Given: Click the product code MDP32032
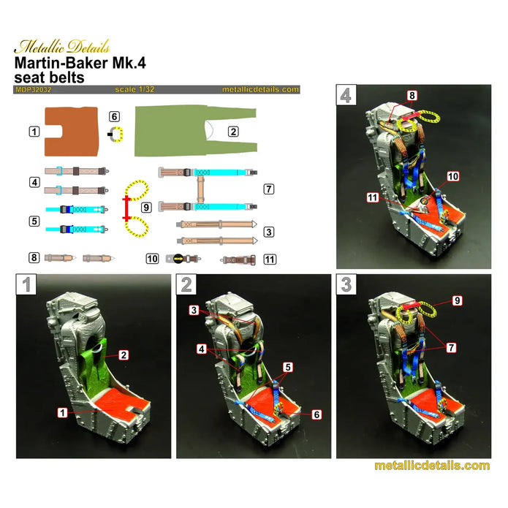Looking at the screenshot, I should tap(31, 89).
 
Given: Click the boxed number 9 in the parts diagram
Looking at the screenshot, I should tap(146, 208).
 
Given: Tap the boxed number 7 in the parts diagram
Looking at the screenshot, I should tap(269, 189).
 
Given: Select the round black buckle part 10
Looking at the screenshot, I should tap(178, 258).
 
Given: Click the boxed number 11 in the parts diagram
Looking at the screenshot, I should tap(270, 258).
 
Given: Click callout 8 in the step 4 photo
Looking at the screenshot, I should tap(412, 96).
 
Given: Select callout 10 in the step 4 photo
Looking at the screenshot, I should tap(452, 177).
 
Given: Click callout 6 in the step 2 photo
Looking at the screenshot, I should tap(316, 414).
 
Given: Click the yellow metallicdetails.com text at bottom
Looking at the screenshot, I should tap(431, 466).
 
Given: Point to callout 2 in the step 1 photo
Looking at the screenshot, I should tap(124, 355).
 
